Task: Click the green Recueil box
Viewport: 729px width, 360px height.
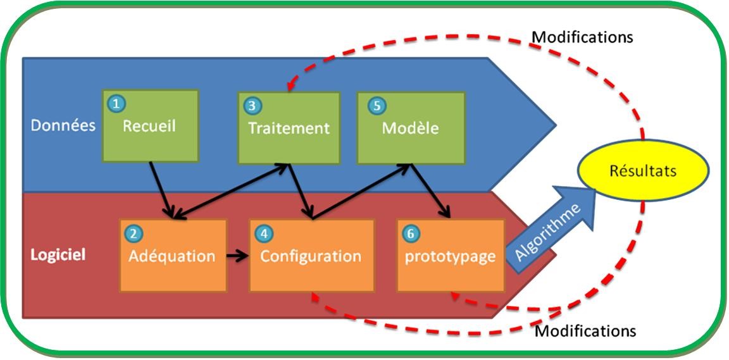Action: [x=150, y=125]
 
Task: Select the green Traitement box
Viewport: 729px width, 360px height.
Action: [x=289, y=128]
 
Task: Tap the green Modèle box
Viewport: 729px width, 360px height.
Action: [x=411, y=128]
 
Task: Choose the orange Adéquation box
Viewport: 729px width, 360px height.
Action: [x=173, y=256]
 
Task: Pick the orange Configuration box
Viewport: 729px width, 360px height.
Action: [x=311, y=256]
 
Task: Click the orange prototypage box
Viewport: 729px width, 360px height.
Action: [x=451, y=256]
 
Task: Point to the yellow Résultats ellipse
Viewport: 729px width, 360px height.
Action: [x=643, y=170]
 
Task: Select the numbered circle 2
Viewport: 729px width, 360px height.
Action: [x=133, y=234]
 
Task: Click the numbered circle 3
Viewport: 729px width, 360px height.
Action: [x=252, y=106]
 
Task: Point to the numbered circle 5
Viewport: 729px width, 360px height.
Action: [x=377, y=106]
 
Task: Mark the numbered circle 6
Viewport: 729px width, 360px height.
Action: [x=410, y=234]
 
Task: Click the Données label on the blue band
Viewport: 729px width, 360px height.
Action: [x=63, y=125]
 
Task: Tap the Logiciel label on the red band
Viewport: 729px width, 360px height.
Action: [x=58, y=256]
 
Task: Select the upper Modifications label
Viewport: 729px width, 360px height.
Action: [x=582, y=37]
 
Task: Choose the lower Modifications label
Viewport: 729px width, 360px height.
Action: [x=585, y=331]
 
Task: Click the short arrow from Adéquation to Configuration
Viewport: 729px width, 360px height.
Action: [x=237, y=256]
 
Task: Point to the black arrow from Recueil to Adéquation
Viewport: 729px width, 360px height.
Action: [x=162, y=190]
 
